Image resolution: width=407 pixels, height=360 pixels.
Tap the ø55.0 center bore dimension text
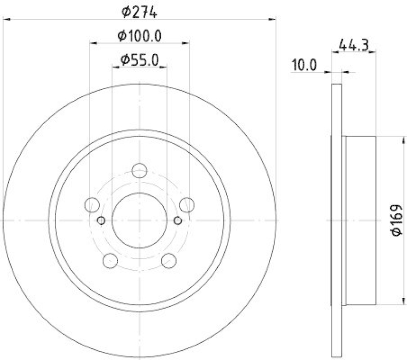(139, 60)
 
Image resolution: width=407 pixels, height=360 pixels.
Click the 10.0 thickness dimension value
(304, 65)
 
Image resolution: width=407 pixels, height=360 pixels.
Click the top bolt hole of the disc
(139, 171)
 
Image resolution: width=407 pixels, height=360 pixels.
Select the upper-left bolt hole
(92, 205)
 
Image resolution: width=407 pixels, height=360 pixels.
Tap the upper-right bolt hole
(187, 205)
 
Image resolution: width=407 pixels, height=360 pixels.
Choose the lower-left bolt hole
(110, 261)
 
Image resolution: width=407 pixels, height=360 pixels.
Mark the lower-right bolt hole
(169, 261)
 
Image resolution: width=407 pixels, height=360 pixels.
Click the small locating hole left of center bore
(101, 220)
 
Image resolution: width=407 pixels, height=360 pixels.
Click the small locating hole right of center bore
(178, 220)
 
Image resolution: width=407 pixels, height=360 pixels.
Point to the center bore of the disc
(139, 220)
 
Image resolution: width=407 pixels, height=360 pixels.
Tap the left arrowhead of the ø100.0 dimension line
(93, 44)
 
